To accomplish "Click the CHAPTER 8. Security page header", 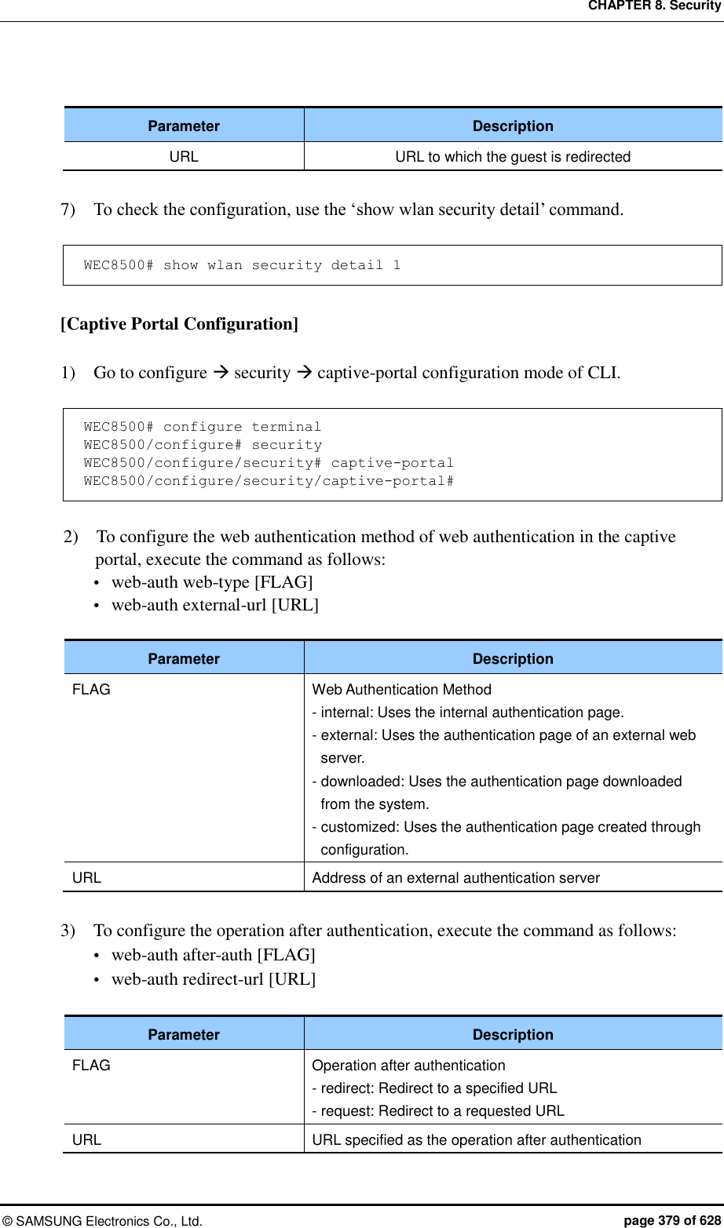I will click(653, 7).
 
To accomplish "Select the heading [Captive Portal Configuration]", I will click(180, 323).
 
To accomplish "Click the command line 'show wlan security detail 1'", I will click(242, 265).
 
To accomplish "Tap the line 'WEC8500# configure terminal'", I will click(203, 427).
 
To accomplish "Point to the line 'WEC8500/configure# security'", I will click(203, 445).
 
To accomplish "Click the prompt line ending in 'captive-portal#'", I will click(269, 481).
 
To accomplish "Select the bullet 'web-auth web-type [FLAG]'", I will click(212, 582).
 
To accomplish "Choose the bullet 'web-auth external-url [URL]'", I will click(215, 605).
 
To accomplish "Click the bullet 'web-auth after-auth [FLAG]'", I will click(214, 955).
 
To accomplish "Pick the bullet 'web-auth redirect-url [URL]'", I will click(214, 979).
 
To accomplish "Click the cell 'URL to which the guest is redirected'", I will click(513, 157).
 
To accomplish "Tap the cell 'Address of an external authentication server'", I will click(455, 878).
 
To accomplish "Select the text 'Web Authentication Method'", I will click(401, 690).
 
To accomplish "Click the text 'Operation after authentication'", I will click(408, 1066).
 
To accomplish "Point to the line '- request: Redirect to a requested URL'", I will click(438, 1111).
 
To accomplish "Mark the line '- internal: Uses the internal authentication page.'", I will click(468, 712).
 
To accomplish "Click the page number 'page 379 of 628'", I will click(671, 1220).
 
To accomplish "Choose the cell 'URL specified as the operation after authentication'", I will click(477, 1140).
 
